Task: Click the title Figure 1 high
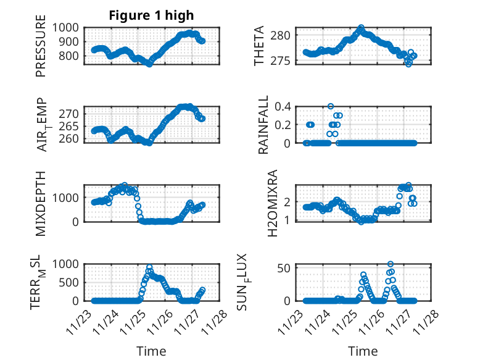click(x=151, y=15)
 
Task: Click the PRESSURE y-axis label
click(x=41, y=50)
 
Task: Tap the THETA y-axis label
click(x=259, y=46)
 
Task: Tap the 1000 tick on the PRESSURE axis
click(x=69, y=28)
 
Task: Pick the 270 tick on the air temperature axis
click(x=72, y=114)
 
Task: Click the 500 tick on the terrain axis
click(x=72, y=282)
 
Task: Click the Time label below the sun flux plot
click(x=363, y=351)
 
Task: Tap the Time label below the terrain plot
click(x=151, y=351)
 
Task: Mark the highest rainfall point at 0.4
click(x=331, y=106)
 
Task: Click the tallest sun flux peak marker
click(x=391, y=264)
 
